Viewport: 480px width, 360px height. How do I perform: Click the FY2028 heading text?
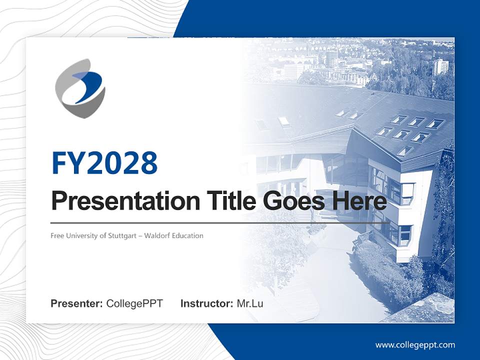pyautogui.click(x=104, y=163)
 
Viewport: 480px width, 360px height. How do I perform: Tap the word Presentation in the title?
pyautogui.click(x=125, y=201)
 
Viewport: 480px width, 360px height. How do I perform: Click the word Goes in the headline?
pyautogui.click(x=294, y=201)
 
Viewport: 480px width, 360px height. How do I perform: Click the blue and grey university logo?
pyautogui.click(x=80, y=88)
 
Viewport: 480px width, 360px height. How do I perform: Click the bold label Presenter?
pyautogui.click(x=76, y=303)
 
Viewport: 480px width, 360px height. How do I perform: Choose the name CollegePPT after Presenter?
pyautogui.click(x=134, y=304)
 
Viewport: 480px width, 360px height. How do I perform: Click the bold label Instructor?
pyautogui.click(x=207, y=303)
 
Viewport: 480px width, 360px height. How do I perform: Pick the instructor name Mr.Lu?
pyautogui.click(x=250, y=303)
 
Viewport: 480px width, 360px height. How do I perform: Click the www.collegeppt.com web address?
pyautogui.click(x=415, y=345)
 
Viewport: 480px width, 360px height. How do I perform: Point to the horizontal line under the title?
pyautogui.click(x=220, y=223)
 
